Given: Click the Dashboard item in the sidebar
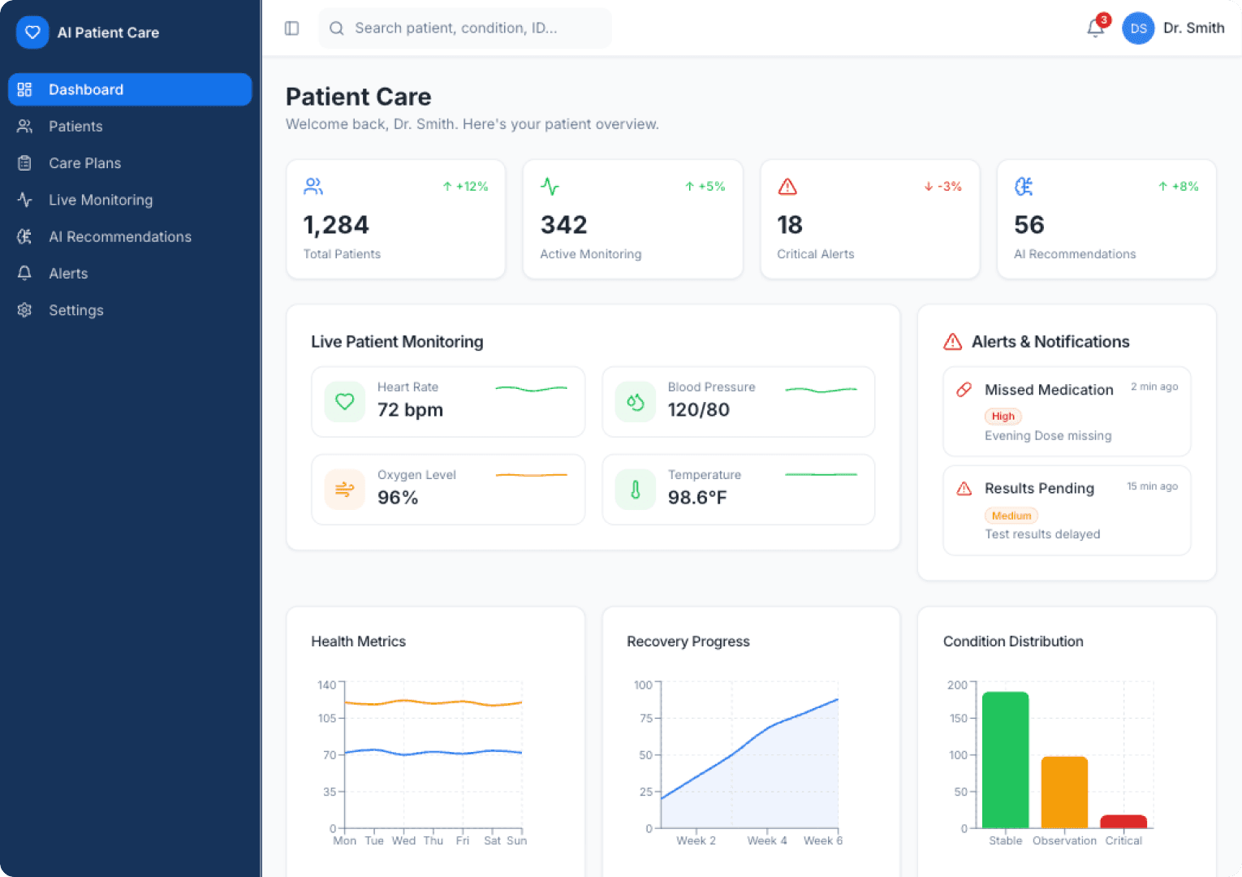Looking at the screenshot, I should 130,89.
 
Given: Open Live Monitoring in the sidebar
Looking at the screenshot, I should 100,200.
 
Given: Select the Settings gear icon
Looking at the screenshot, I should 24,310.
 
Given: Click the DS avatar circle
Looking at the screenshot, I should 1138,28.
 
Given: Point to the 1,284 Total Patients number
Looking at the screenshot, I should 336,225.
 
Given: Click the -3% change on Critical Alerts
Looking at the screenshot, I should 943,187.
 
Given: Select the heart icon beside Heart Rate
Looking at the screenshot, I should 345,402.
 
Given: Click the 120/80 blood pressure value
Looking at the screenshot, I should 698,410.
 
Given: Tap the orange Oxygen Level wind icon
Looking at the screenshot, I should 345,490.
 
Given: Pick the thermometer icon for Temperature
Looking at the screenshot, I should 636,490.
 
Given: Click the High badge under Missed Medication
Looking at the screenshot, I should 1003,417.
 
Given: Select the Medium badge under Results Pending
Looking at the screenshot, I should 1011,516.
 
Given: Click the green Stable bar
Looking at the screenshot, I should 1005,759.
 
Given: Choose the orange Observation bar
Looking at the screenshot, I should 1064,792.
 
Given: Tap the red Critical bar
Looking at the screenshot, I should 1123,821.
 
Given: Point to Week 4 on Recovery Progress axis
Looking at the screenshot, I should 767,840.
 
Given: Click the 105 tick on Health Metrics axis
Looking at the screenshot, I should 327,718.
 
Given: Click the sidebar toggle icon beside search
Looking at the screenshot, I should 292,28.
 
